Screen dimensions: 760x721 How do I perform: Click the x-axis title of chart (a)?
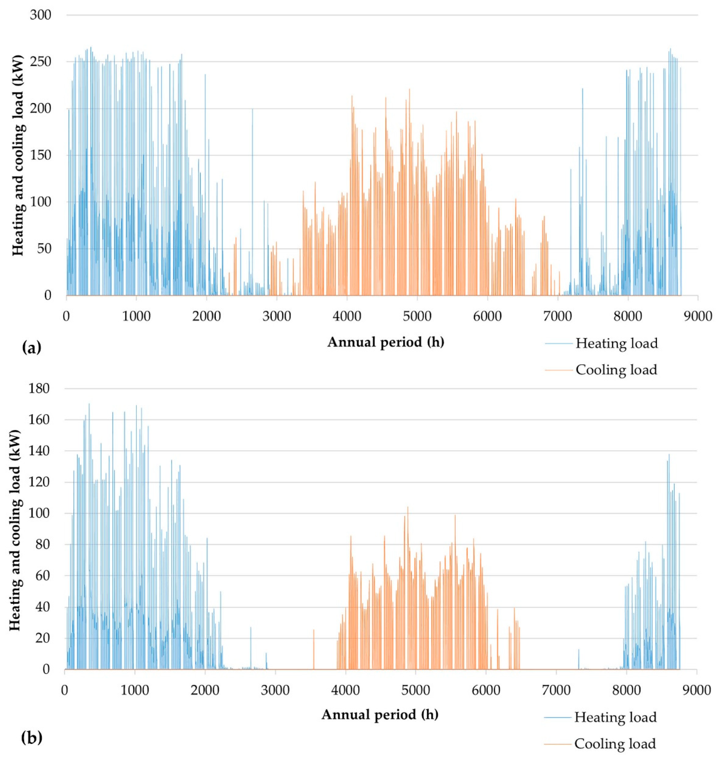point(386,342)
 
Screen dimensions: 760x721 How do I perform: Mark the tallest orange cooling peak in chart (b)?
point(408,508)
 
